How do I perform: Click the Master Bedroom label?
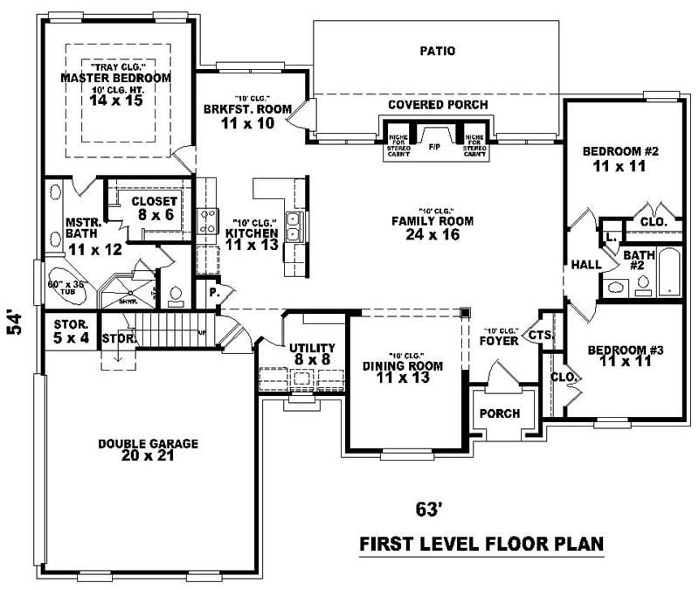pyautogui.click(x=115, y=78)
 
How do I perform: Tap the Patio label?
pyautogui.click(x=437, y=51)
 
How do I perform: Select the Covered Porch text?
pyautogui.click(x=438, y=105)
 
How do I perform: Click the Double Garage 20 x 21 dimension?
pyautogui.click(x=148, y=457)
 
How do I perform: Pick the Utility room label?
pyautogui.click(x=311, y=348)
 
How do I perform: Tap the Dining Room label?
pyautogui.click(x=403, y=365)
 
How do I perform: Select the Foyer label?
pyautogui.click(x=499, y=341)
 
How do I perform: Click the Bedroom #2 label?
pyautogui.click(x=619, y=150)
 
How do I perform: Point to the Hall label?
pyautogui.click(x=584, y=264)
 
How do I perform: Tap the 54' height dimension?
pyautogui.click(x=14, y=324)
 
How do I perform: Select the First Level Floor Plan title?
pyautogui.click(x=482, y=545)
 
